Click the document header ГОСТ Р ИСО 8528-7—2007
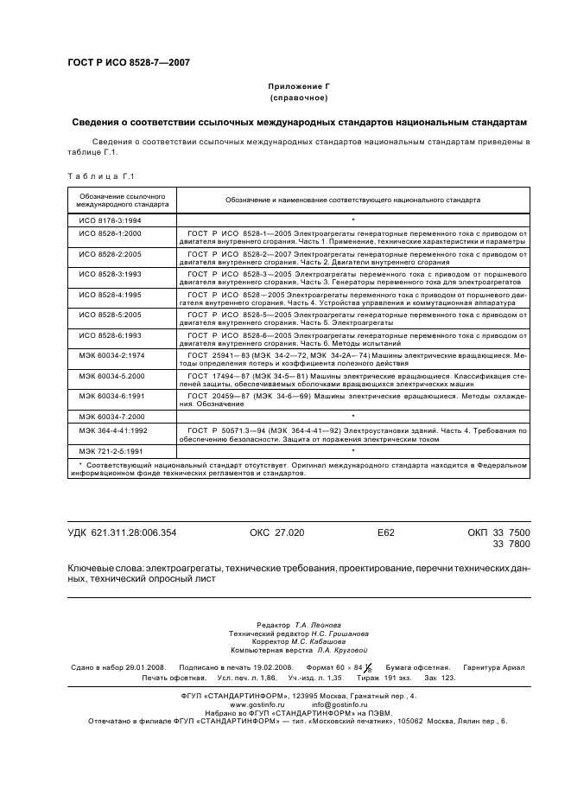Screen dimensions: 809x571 (129, 62)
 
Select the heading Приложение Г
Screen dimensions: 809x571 (299, 87)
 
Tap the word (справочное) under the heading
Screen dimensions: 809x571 (299, 99)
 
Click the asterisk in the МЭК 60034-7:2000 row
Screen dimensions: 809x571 (353, 417)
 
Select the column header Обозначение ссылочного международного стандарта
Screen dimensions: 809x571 (122, 201)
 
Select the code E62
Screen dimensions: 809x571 (386, 533)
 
